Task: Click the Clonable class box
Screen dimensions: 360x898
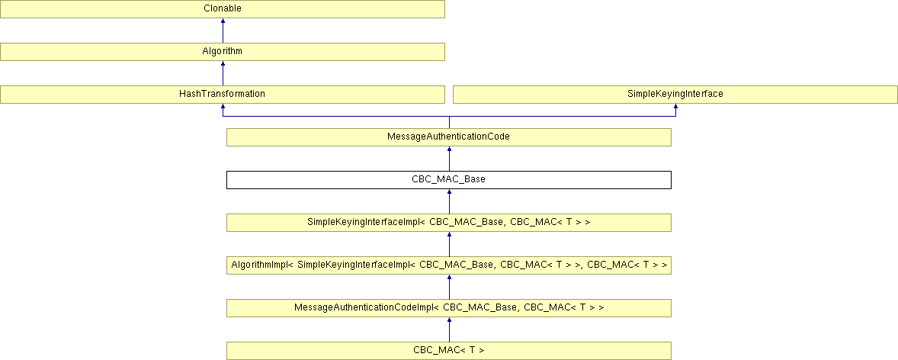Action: tap(222, 9)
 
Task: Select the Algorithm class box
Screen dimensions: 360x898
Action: tap(222, 52)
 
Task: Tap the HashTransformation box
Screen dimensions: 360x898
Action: tap(222, 95)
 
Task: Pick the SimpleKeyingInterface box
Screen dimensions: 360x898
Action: tap(675, 95)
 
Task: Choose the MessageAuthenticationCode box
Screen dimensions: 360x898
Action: tap(448, 137)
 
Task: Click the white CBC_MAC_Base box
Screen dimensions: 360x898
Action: tap(448, 180)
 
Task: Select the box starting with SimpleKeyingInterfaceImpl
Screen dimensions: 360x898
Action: tap(448, 223)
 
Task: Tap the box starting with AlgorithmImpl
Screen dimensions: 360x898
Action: tap(448, 265)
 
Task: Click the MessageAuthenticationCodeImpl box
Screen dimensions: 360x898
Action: tap(448, 308)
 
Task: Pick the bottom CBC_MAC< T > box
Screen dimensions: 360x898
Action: tap(448, 351)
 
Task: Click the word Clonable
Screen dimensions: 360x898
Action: tap(222, 9)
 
